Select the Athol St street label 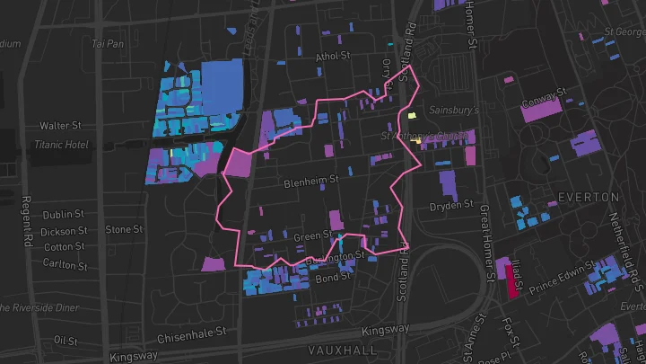pos(332,56)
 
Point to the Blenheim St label pos(310,180)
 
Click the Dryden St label pos(450,205)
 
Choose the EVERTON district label pos(588,196)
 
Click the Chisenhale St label pos(194,338)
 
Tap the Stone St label pos(124,229)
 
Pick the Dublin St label pos(63,215)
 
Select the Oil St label pos(65,341)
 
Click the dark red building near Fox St pos(514,280)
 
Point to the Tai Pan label pos(108,42)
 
